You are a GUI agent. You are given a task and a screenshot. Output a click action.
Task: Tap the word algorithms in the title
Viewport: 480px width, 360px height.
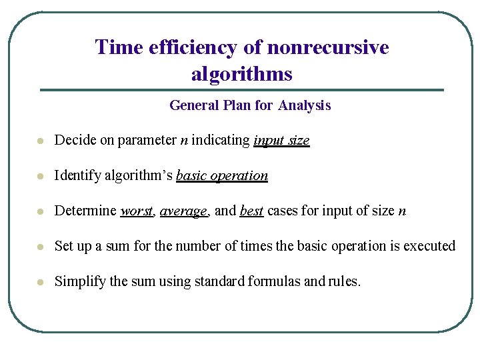[241, 73]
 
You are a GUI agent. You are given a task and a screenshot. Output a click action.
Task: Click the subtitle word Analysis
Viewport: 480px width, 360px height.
[305, 105]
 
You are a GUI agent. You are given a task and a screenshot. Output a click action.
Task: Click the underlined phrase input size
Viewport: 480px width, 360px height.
[281, 141]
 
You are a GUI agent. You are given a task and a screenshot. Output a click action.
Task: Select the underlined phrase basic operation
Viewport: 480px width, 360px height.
[222, 176]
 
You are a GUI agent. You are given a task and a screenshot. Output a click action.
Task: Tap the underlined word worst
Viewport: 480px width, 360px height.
[137, 211]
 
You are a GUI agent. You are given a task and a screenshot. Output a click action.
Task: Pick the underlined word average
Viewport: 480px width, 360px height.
[184, 211]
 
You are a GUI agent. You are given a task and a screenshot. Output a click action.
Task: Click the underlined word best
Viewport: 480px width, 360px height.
[251, 211]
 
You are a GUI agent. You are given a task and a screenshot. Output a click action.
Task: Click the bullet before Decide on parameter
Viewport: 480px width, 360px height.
[41, 141]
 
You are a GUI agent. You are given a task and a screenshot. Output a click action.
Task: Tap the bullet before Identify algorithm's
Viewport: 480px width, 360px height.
[41, 177]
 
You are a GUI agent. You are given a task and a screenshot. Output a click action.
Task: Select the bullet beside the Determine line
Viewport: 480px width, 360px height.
[41, 212]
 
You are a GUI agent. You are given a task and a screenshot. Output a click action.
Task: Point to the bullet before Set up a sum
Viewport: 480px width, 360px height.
[41, 247]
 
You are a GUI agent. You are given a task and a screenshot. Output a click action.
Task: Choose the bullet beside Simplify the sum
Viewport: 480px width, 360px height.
[41, 283]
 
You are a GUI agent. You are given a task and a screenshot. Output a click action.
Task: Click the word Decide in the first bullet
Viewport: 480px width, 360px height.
[73, 141]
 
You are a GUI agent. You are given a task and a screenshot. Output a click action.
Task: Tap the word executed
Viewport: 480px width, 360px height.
[429, 247]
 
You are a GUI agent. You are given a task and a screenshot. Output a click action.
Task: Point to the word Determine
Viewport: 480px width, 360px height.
[85, 211]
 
